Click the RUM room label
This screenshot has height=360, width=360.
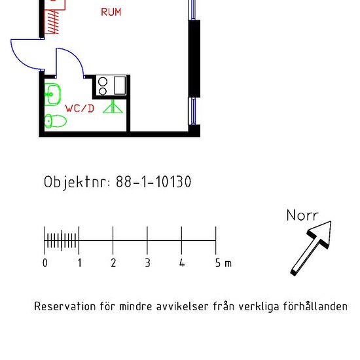click(x=111, y=12)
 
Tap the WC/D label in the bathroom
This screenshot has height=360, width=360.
click(x=80, y=109)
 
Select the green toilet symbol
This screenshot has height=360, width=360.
click(x=56, y=121)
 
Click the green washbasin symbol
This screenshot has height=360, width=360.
click(x=53, y=94)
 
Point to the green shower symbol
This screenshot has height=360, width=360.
click(x=113, y=107)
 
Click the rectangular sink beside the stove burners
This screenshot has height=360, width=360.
click(x=120, y=85)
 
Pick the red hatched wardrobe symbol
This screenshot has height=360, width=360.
click(x=51, y=22)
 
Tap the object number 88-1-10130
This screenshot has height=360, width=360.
click(x=154, y=182)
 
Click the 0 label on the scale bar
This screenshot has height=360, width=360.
click(x=45, y=263)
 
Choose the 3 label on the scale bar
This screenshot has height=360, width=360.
click(x=147, y=263)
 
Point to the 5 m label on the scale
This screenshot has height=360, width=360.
click(x=223, y=263)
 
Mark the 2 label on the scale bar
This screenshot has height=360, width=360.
click(x=113, y=263)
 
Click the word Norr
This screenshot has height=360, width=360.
click(x=302, y=215)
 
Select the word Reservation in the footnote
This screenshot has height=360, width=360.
click(x=65, y=306)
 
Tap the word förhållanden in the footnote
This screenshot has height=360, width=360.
click(x=315, y=306)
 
